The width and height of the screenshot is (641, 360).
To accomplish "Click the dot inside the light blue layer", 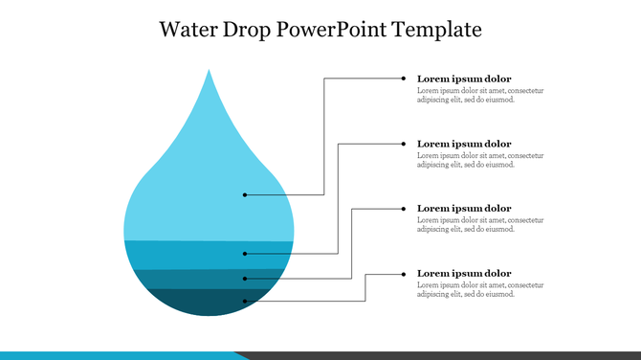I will (245, 194).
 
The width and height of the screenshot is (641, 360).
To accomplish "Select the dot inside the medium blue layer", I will (245, 254).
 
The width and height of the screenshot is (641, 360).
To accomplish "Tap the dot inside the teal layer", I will (245, 279).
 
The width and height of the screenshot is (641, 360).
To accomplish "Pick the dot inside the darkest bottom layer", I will (245, 302).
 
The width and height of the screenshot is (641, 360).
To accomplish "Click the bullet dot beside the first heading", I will (405, 79).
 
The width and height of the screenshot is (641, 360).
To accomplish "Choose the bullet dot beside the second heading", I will (405, 144).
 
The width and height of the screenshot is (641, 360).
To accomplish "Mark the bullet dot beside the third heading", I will (405, 209).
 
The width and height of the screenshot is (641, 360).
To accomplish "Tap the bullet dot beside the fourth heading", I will (405, 274).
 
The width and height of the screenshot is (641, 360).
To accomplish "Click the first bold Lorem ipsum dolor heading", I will (464, 79).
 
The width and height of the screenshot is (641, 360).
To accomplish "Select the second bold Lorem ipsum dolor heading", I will (464, 144).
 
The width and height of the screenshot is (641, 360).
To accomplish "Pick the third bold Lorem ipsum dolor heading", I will (464, 209).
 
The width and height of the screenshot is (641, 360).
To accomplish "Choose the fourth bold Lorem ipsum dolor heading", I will (464, 274).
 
